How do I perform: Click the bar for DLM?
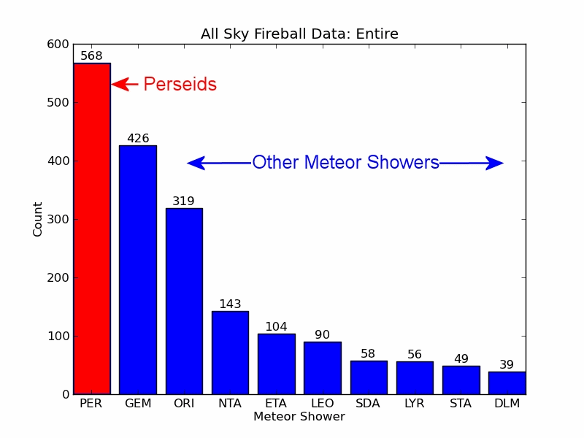point(507,383)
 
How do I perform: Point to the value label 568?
point(91,56)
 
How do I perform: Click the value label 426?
point(138,139)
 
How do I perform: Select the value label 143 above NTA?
point(230,304)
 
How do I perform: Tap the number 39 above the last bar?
point(507,365)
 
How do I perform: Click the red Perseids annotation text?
point(180,85)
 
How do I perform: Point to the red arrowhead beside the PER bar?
point(120,85)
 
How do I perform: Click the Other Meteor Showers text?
point(345,163)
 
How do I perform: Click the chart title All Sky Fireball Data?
point(299,34)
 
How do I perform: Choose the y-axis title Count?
point(38,219)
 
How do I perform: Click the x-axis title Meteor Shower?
point(299,417)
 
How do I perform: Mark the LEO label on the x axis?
point(322,404)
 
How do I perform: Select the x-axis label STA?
point(461,404)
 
